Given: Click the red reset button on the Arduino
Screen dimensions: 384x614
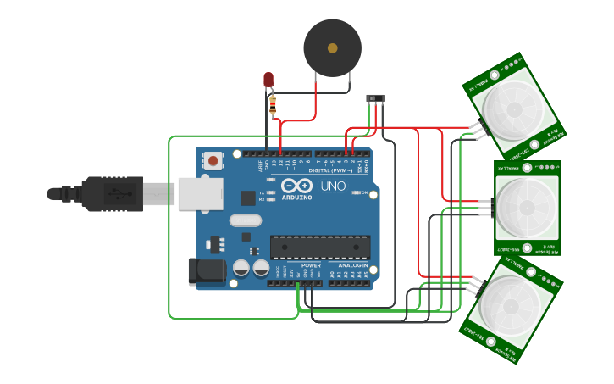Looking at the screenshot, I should [213, 160].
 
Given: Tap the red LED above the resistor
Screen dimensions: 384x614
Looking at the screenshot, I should [268, 81].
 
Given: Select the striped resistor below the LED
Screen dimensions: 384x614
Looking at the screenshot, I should [272, 105].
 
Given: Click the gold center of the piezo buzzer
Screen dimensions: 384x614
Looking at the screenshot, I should [332, 48].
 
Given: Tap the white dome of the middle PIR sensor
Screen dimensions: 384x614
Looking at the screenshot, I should [526, 207].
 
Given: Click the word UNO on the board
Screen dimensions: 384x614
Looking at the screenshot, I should [333, 186].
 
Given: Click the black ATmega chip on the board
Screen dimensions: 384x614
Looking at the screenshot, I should [319, 247].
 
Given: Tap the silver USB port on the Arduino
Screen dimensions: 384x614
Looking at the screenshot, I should [202, 194].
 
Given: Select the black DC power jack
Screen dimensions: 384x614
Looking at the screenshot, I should [206, 271].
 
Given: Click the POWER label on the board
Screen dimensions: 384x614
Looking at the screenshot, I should [311, 265].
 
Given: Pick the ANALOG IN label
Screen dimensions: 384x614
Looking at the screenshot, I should [353, 265].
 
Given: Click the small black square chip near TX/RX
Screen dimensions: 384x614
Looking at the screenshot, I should [248, 198].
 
